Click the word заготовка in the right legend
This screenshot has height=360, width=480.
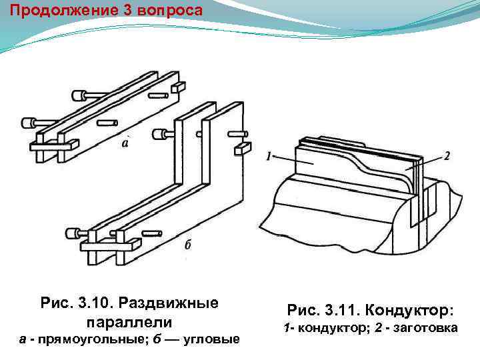pyautogui.click(x=425, y=328)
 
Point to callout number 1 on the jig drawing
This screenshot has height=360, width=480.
pyautogui.click(x=268, y=157)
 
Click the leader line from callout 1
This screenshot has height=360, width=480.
pyautogui.click(x=293, y=160)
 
